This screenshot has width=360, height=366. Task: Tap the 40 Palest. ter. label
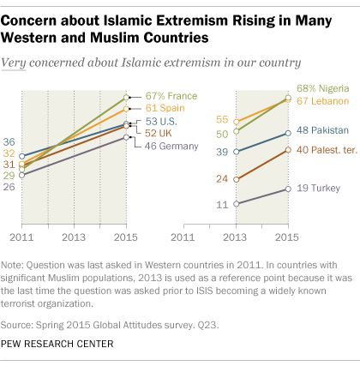327,150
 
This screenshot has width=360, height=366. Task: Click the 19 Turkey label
317,188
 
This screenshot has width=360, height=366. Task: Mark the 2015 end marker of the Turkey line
287,189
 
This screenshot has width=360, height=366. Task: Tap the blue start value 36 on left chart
9,141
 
